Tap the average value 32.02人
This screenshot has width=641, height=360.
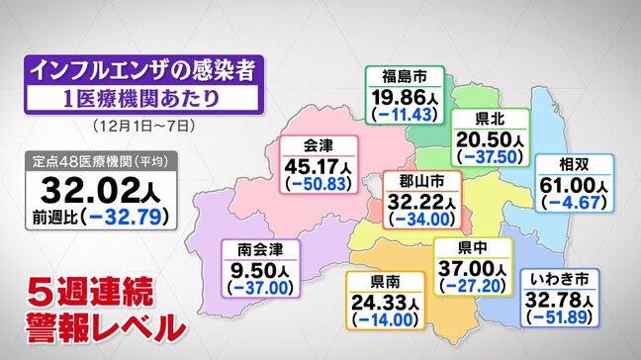click(92, 187)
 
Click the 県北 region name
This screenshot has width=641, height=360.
click(490, 118)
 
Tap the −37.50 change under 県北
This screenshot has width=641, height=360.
click(489, 156)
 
